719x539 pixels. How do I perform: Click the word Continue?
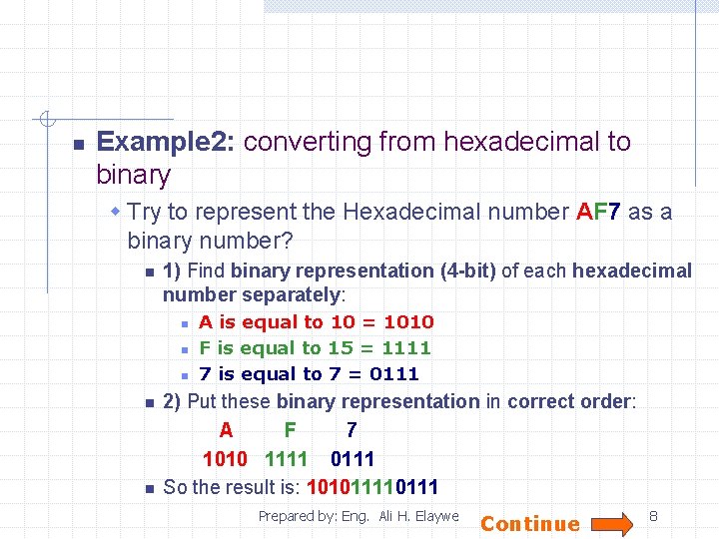530,524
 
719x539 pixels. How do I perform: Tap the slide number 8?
654,516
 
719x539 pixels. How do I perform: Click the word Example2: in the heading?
166,142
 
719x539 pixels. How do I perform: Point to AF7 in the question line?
599,212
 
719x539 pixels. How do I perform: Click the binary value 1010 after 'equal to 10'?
408,322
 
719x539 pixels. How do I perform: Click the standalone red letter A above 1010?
226,431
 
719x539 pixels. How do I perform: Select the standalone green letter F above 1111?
290,431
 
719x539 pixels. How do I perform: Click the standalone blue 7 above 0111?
351,431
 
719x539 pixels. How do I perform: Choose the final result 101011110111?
371,487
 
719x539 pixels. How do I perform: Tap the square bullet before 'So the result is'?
147,488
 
